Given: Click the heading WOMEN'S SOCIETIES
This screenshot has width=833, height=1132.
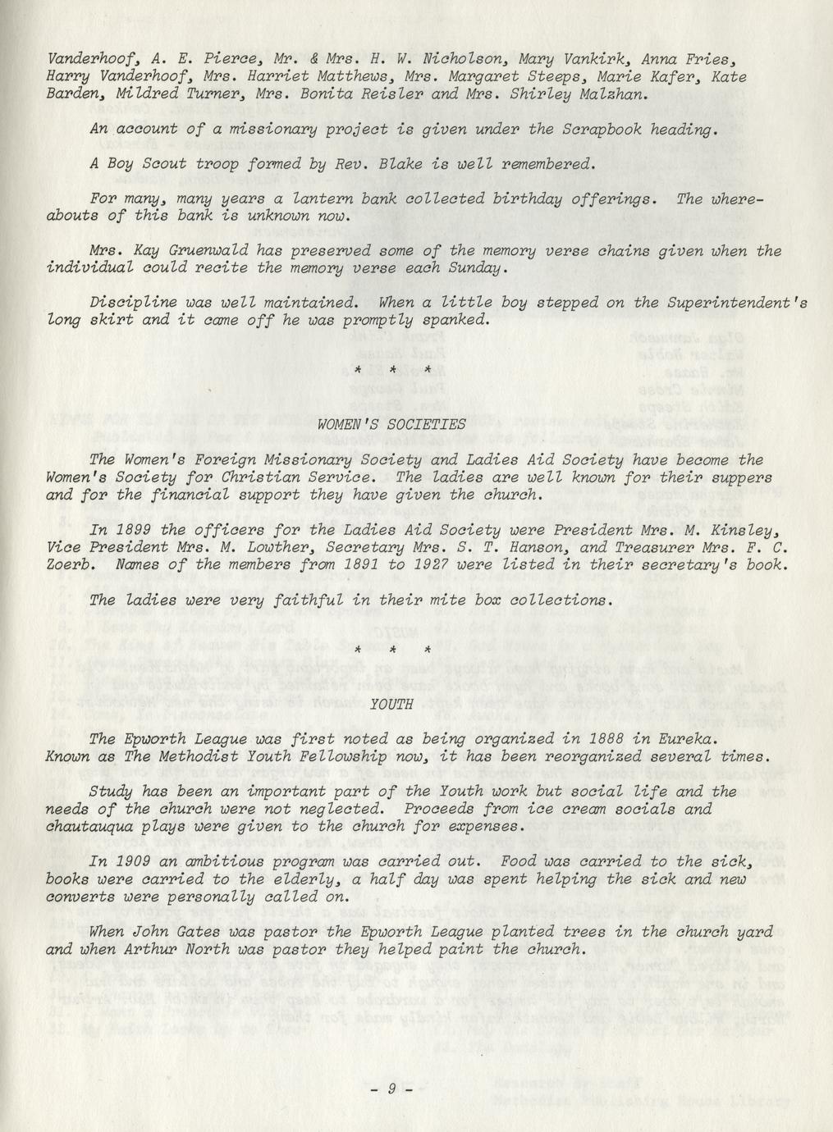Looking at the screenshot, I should pyautogui.click(x=391, y=424).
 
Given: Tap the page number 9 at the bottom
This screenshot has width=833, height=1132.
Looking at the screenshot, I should pyautogui.click(x=391, y=1089).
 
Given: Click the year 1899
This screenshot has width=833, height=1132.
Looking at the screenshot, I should pyautogui.click(x=131, y=530).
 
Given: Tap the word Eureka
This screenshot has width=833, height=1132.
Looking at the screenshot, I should pyautogui.click(x=690, y=738).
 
